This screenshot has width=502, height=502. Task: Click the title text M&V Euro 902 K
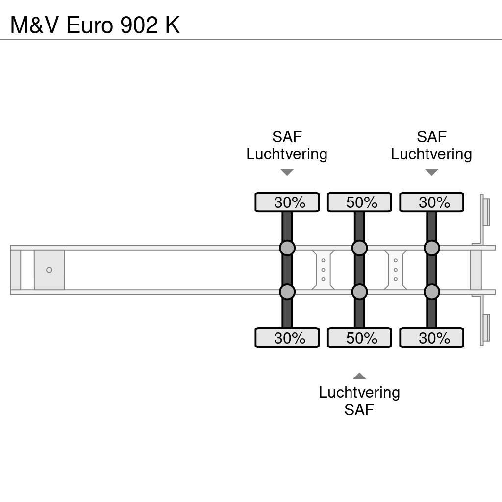click(95, 25)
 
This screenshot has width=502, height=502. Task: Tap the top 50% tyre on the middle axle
click(359, 202)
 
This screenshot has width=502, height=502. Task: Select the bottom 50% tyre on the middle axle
click(359, 338)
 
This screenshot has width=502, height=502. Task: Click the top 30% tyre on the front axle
click(287, 202)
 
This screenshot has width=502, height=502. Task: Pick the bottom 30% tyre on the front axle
click(287, 338)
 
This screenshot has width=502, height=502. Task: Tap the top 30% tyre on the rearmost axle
click(431, 202)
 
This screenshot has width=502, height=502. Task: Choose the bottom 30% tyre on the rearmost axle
click(431, 338)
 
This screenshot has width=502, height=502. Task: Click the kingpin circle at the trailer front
click(49, 270)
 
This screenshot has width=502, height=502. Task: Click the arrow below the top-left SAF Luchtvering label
click(287, 172)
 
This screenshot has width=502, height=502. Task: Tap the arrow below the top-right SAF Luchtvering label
click(431, 172)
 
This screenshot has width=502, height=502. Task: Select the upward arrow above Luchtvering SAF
click(359, 376)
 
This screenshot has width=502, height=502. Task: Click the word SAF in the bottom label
click(359, 409)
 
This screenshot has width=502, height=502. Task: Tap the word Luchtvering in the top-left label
click(287, 154)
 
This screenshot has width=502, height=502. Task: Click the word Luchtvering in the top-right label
click(431, 154)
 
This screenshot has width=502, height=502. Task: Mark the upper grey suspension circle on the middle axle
click(359, 248)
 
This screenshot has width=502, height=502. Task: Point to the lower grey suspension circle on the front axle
click(287, 292)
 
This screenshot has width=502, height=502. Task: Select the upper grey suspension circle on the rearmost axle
click(431, 248)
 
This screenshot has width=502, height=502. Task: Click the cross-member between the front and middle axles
click(323, 270)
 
